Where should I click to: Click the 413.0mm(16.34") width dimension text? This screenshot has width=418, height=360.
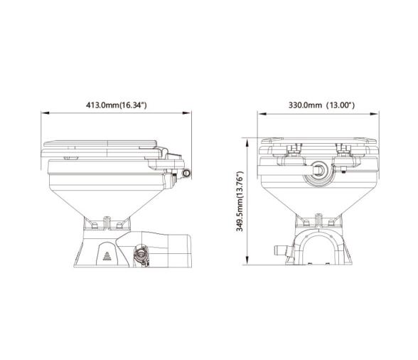tap(116, 105)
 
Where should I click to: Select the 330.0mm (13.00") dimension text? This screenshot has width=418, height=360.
tap(321, 105)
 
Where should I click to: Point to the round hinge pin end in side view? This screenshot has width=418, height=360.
tap(186, 173)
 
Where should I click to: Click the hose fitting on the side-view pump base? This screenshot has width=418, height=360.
tap(141, 252)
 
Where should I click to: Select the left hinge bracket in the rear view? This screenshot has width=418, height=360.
tap(291, 152)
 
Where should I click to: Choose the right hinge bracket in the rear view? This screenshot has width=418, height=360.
tap(344, 152)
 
